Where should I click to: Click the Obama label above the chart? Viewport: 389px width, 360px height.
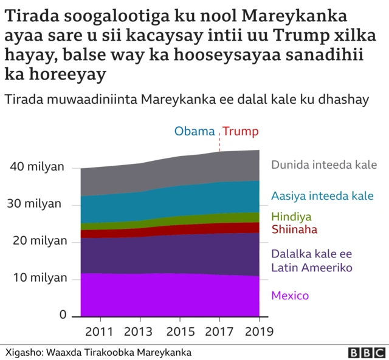[194, 132]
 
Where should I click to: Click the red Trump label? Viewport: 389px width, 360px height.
[240, 132]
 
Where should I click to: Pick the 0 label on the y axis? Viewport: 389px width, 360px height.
[63, 314]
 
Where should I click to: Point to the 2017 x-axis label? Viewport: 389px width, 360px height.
[220, 331]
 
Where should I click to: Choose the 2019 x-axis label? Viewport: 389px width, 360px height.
[260, 331]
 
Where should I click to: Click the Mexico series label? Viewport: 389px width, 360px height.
[290, 296]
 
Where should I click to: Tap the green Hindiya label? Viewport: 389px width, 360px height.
[291, 217]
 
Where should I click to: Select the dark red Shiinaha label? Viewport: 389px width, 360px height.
[295, 229]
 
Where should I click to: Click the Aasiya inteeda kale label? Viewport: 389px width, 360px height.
[322, 195]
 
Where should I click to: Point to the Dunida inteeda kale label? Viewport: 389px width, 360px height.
[324, 165]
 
